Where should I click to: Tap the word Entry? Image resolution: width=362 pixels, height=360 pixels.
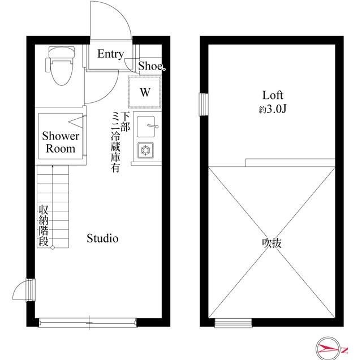110,54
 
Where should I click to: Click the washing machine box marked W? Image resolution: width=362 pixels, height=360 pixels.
145,92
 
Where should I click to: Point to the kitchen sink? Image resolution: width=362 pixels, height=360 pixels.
147,125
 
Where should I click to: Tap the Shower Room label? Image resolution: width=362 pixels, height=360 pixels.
61,143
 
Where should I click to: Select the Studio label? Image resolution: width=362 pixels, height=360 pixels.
102,238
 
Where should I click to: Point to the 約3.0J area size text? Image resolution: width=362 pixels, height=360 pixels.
272,110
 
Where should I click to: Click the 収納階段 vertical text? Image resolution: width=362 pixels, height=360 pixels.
44,225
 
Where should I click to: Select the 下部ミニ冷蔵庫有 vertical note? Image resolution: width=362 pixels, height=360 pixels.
120,141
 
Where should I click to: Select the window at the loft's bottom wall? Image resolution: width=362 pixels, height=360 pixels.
225,323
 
